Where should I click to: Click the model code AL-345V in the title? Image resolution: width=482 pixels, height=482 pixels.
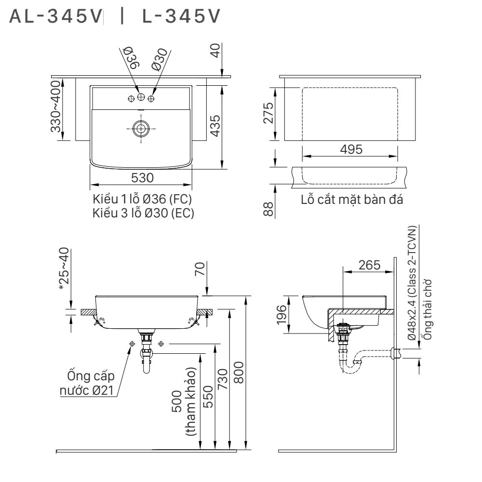(56, 17)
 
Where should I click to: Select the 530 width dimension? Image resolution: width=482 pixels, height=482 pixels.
(142, 178)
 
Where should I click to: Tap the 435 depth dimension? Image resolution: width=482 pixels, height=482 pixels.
(215, 125)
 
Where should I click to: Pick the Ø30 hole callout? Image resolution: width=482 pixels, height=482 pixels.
(159, 59)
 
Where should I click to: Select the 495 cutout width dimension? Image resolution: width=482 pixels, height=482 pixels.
(351, 149)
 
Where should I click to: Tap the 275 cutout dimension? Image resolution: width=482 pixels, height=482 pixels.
(268, 113)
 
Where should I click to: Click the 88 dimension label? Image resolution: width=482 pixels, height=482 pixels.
(268, 209)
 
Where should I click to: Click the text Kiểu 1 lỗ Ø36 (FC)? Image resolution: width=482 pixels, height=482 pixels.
(144, 200)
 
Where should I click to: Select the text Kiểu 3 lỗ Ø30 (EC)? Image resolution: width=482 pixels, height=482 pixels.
(144, 213)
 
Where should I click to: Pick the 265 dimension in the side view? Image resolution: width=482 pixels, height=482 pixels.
(369, 265)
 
